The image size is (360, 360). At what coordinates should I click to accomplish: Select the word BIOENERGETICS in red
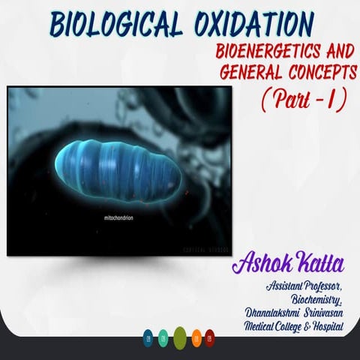point(253,55)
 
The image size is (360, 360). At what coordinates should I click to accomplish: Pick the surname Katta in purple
point(322,263)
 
